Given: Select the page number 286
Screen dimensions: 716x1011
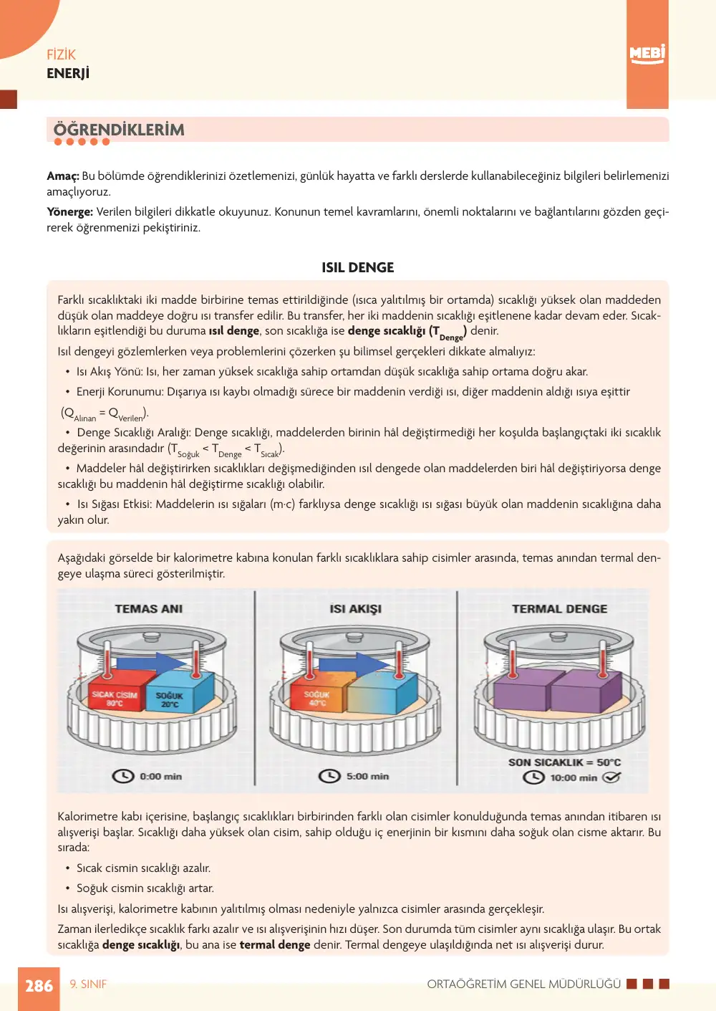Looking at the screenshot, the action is click(39, 986).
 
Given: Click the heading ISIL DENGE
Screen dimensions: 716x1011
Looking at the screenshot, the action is click(357, 268).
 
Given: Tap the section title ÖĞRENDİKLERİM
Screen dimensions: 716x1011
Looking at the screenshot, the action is click(119, 130).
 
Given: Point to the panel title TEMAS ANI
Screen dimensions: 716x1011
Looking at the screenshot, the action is click(149, 609).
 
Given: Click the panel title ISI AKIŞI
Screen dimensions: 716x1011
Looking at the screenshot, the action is click(355, 609).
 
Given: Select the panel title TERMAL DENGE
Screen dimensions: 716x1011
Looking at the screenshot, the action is click(559, 609).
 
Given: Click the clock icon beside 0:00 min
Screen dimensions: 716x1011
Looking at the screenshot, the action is click(123, 776).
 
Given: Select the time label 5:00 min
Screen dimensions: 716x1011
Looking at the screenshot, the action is click(367, 776).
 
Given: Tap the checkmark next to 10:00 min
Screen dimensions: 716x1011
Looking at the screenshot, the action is click(611, 777).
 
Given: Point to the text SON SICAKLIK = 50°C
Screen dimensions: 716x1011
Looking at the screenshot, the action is click(564, 762).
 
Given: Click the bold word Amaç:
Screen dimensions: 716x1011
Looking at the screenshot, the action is click(63, 176).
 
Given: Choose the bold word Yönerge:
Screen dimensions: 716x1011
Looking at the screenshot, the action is click(70, 211).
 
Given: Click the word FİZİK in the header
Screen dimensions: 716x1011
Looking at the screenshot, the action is click(62, 55).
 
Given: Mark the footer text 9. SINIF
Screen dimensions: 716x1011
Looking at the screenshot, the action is click(88, 984).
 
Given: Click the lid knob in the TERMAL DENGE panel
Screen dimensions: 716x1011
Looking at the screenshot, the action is click(558, 638).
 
